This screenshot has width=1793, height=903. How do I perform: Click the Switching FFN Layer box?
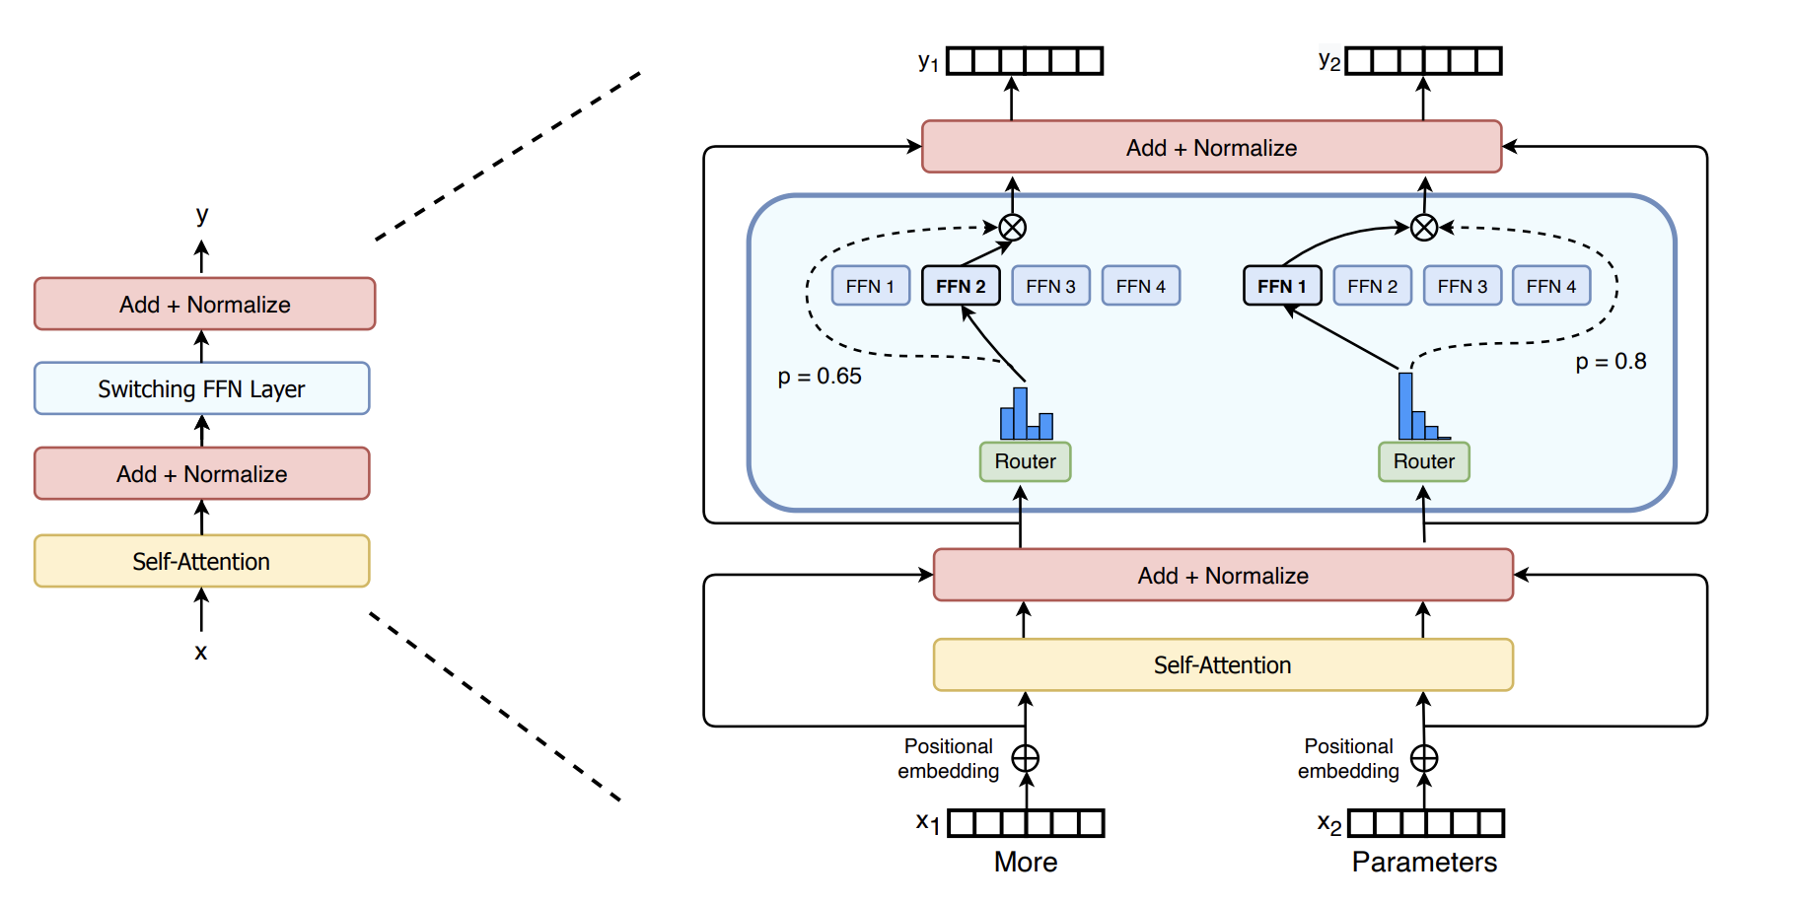click(x=201, y=388)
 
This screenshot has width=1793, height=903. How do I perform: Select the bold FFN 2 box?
click(x=961, y=286)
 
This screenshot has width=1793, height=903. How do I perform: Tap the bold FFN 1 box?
click(x=1282, y=286)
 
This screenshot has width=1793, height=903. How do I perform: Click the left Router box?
click(x=1025, y=461)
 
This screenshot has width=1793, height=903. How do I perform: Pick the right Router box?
click(x=1423, y=461)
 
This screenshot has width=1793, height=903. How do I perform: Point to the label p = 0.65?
click(x=819, y=377)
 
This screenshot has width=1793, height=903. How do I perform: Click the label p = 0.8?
click(x=1611, y=362)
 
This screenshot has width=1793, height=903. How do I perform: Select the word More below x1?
click(x=1025, y=862)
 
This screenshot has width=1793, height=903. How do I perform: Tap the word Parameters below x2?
click(x=1423, y=862)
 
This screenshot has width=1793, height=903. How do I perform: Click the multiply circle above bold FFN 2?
click(x=1013, y=228)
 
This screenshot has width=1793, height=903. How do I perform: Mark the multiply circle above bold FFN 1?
click(x=1423, y=228)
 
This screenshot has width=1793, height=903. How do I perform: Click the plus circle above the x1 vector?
click(x=1026, y=758)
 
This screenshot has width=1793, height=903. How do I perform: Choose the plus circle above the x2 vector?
click(x=1424, y=758)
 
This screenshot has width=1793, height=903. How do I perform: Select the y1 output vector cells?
click(x=1025, y=61)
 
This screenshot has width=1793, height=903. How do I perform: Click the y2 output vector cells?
click(x=1423, y=61)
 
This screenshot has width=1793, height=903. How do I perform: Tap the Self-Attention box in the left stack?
click(x=201, y=561)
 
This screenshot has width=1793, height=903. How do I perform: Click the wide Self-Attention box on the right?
click(x=1222, y=665)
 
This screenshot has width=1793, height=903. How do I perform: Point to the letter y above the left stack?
click(x=202, y=214)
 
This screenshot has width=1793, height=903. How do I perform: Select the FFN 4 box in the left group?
click(x=1140, y=286)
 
